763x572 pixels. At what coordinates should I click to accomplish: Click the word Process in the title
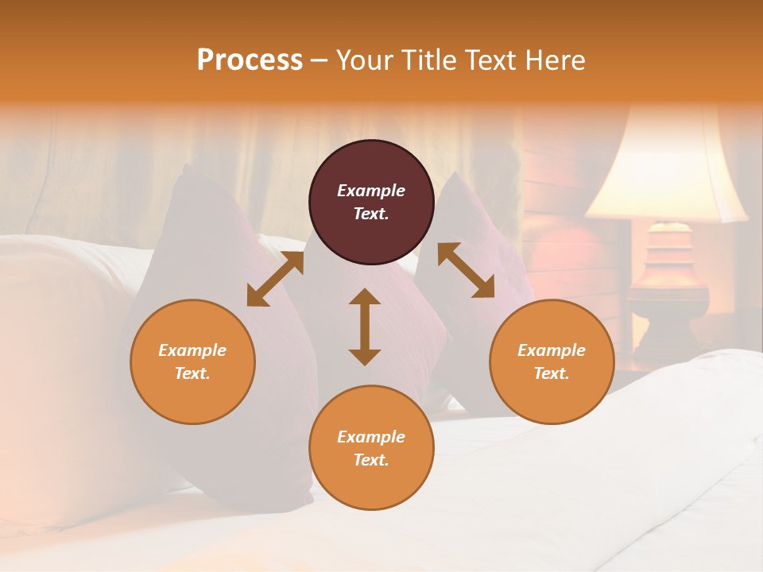[250, 60]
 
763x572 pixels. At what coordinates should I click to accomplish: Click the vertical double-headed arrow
[365, 327]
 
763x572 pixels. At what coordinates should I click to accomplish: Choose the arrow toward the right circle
[466, 271]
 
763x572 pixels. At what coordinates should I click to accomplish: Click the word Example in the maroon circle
[371, 191]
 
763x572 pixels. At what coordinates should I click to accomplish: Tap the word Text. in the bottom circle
[371, 460]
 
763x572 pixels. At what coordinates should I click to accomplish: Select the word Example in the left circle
[192, 350]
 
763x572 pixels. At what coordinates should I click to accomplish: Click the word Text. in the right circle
[552, 373]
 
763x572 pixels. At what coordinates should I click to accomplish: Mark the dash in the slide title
[319, 60]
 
